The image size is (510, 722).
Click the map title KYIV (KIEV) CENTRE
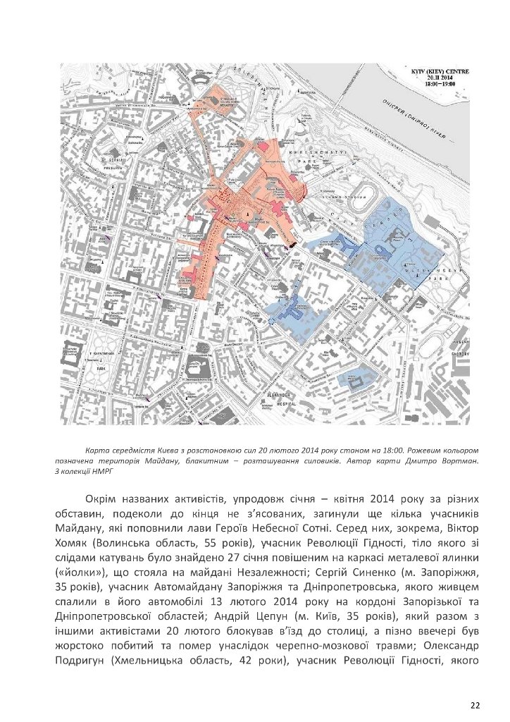pyautogui.click(x=438, y=71)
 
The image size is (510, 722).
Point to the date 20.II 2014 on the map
pyautogui.click(x=438, y=78)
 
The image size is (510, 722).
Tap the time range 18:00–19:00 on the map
pyautogui.click(x=438, y=84)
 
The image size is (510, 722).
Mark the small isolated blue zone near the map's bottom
pyautogui.click(x=356, y=380)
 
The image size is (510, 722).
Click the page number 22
pyautogui.click(x=475, y=704)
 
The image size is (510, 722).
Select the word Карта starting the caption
pyautogui.click(x=94, y=448)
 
